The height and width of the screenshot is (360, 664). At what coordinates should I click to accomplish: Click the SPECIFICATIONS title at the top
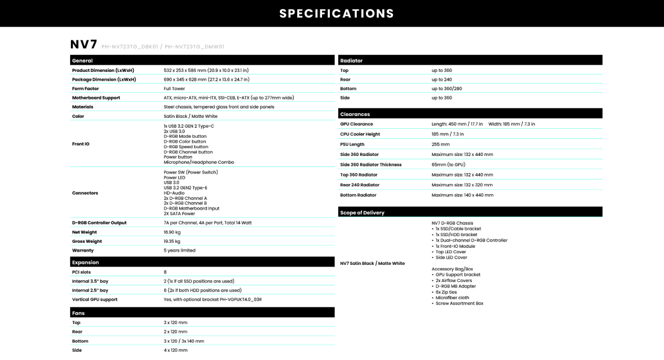336,13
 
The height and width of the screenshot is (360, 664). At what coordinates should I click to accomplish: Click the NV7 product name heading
84,45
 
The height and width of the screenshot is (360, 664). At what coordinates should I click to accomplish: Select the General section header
82,60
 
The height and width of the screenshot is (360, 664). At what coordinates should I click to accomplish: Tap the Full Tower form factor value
174,88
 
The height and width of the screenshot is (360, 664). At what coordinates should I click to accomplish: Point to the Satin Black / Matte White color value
190,116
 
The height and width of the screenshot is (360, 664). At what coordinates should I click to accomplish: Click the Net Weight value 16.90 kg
172,232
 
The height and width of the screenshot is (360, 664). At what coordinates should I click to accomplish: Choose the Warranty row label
84,251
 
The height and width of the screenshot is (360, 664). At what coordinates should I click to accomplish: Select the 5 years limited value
180,251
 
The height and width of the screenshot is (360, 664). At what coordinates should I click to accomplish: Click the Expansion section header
86,263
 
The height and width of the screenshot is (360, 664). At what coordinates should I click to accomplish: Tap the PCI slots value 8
165,272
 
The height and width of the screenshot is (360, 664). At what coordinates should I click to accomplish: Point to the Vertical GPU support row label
95,299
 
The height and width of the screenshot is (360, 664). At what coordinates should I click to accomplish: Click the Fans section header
79,313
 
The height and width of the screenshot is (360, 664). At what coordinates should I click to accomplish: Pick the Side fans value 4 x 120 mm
175,350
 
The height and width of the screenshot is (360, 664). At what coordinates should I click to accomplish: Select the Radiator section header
351,60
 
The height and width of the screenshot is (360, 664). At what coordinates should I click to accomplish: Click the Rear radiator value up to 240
442,80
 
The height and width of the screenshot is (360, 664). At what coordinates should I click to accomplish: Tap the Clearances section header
355,114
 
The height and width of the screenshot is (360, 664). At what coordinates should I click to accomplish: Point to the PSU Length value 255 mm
440,144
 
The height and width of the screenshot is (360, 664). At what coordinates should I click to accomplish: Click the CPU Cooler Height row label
360,134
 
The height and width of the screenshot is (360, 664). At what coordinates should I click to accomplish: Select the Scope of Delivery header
362,213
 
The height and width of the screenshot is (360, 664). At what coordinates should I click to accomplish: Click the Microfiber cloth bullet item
452,298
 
